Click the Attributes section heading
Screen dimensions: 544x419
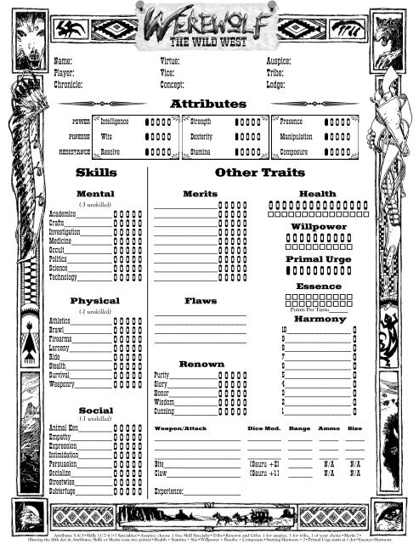pos(208,104)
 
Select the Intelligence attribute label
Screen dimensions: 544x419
pos(115,122)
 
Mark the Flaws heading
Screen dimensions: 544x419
pos(201,301)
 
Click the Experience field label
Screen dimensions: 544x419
pos(175,491)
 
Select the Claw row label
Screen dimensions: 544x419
pos(161,473)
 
